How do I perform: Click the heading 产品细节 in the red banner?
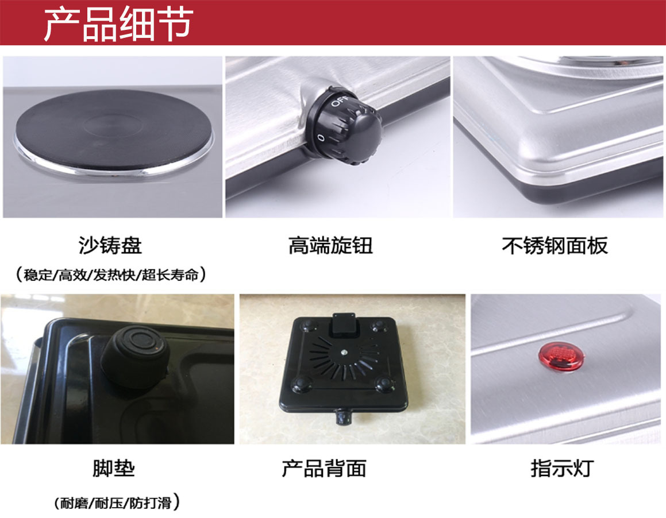coord(118,24)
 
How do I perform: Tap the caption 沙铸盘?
coord(110,246)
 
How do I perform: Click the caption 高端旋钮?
coord(330,246)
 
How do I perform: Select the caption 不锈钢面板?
coord(555,246)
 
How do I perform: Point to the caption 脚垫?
coord(113,469)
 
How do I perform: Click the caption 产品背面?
coord(324,469)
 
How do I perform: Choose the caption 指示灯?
coord(561,469)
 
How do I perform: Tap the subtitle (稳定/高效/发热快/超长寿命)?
coord(111,275)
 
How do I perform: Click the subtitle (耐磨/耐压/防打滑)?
coord(117,504)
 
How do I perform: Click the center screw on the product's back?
coord(342,353)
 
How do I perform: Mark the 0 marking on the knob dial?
coord(320,138)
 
